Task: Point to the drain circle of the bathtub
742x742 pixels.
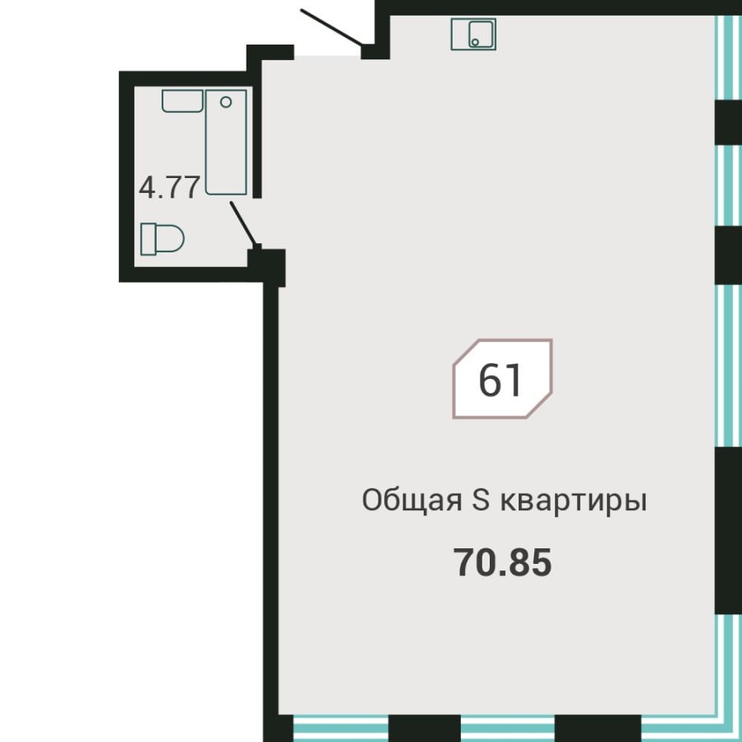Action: click(x=227, y=102)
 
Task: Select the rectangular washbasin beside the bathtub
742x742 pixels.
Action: click(x=182, y=101)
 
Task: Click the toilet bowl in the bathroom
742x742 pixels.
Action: click(x=170, y=239)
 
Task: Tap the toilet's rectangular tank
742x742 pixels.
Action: click(x=148, y=239)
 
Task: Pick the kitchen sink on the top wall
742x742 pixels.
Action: click(x=474, y=34)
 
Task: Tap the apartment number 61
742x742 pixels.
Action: click(x=501, y=380)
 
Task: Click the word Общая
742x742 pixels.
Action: click(x=411, y=500)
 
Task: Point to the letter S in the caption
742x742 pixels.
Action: click(x=481, y=500)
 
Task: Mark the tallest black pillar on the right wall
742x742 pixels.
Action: click(x=728, y=530)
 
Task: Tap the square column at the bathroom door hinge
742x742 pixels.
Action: click(x=267, y=265)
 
